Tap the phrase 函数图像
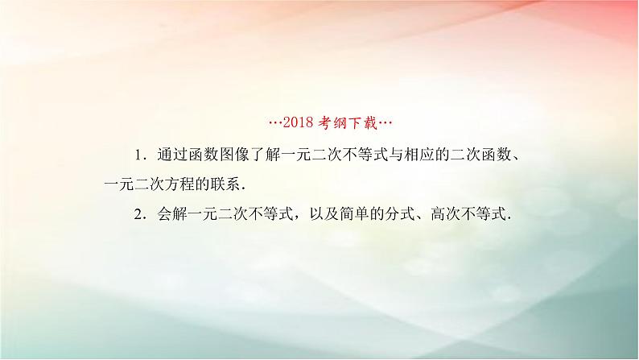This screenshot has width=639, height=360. point(212,153)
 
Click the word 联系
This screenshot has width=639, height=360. point(227,184)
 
